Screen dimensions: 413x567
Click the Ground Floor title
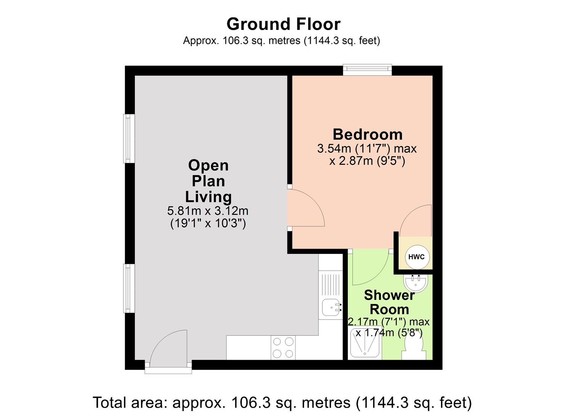point(283,24)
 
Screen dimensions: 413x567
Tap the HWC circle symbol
point(416,257)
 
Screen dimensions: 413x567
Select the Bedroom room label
point(367,135)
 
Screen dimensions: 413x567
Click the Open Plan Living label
point(208,181)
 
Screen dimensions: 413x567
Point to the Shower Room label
point(389,302)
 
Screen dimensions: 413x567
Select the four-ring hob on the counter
point(283,348)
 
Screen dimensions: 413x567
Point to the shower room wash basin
point(416,283)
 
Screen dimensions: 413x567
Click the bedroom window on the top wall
point(367,70)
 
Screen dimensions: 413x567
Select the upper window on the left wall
point(129,138)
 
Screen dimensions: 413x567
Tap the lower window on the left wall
point(129,288)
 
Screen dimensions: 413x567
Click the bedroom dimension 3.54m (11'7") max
point(367,148)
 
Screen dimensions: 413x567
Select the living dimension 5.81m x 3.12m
point(208,211)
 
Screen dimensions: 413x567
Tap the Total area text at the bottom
point(283,402)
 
